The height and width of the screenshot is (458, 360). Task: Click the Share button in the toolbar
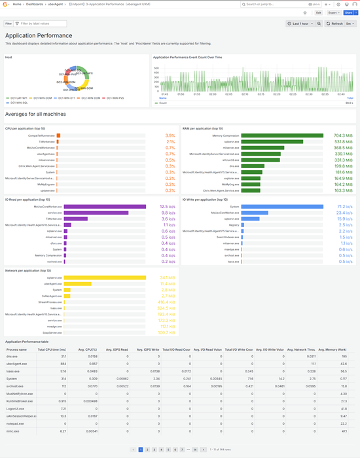tap(348, 12)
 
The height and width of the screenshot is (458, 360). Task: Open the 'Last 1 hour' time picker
tap(303, 24)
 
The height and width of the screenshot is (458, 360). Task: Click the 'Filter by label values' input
tap(32, 24)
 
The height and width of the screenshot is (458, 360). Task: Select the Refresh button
tap(335, 24)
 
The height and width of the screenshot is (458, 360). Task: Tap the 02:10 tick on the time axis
tap(243, 94)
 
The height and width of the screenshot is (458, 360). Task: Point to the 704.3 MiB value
tap(344, 135)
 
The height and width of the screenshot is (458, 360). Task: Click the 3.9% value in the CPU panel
tap(170, 135)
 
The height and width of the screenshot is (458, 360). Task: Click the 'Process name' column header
tap(17, 350)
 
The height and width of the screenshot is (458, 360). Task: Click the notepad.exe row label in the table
tap(16, 423)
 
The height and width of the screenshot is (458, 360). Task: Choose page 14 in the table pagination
tap(195, 449)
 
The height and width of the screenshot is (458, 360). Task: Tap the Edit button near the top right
tap(319, 12)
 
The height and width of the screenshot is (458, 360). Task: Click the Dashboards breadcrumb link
tap(35, 4)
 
